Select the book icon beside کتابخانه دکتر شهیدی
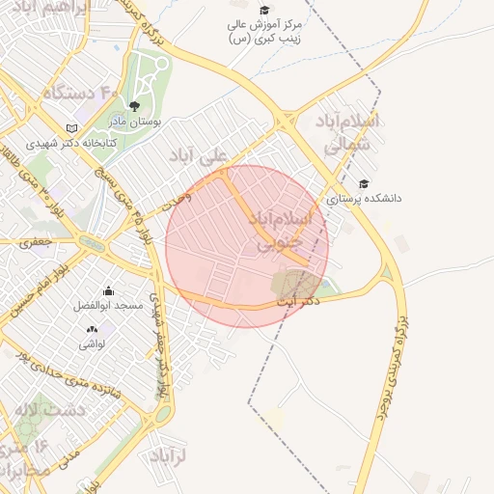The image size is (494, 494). click(x=71, y=128)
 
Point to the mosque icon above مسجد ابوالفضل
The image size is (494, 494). click(x=107, y=290)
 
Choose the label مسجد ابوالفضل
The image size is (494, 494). click(x=108, y=306)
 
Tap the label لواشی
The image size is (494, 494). click(x=92, y=343)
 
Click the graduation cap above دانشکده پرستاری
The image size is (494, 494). click(x=363, y=184)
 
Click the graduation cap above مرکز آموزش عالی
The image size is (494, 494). click(x=264, y=10)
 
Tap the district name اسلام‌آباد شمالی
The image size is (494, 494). click(x=347, y=132)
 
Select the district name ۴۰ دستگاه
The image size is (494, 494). click(x=80, y=94)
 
